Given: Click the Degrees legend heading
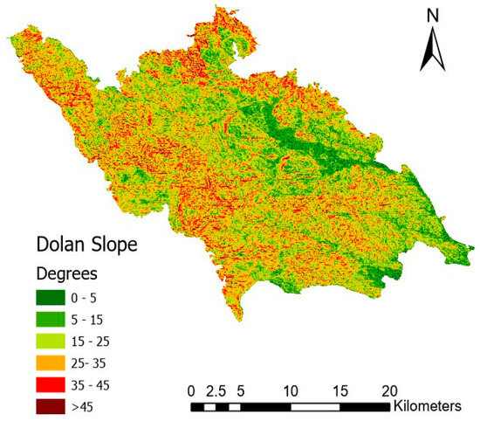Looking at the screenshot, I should pyautogui.click(x=63, y=273).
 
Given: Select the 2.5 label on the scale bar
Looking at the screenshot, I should pyautogui.click(x=216, y=389).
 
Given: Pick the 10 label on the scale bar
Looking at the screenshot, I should pyautogui.click(x=291, y=389).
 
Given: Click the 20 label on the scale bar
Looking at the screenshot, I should pyautogui.click(x=389, y=389).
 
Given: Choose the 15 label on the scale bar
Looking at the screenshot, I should pyautogui.click(x=339, y=389).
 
